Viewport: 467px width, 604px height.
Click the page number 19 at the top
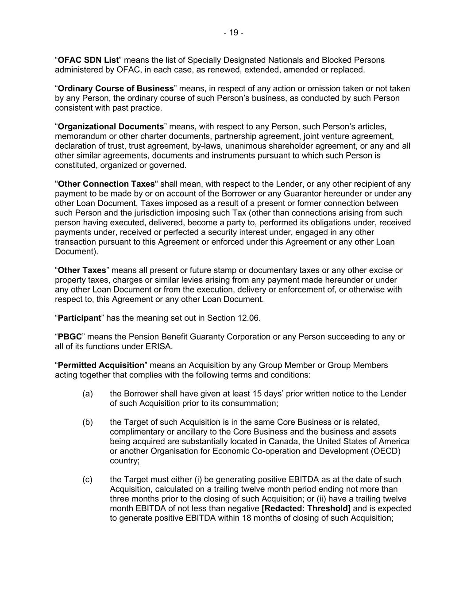coord(233,32)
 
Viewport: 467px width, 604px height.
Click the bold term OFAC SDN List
coord(89,60)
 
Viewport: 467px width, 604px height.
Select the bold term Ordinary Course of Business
coord(116,88)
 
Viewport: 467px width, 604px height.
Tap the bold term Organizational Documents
coord(111,127)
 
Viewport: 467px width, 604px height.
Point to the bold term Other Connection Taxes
coord(106,184)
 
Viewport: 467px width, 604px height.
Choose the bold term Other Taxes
coord(82,270)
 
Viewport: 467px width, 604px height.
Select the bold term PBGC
coord(70,337)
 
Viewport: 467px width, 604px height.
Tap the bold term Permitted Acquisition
coord(101,365)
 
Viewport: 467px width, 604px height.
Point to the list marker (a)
coord(88,394)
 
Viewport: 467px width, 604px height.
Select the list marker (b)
coord(88,422)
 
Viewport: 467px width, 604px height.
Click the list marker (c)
coord(88,480)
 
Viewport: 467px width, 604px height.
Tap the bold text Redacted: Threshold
coord(306,508)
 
